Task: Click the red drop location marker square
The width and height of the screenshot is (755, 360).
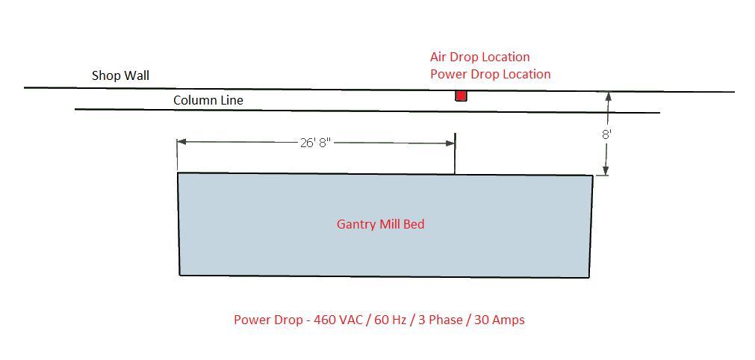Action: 461,96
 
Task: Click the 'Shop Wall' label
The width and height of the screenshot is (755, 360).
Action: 120,75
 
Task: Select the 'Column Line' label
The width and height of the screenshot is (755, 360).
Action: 208,100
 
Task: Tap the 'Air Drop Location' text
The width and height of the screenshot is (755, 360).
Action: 479,57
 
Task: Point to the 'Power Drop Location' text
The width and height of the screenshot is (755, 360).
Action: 490,74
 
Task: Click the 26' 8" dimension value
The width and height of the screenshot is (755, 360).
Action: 315,143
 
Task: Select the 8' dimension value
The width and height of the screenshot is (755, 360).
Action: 607,134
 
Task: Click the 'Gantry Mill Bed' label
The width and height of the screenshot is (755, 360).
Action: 380,224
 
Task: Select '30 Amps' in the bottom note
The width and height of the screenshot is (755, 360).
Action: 502,320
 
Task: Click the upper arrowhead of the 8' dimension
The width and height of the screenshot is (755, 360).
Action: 608,97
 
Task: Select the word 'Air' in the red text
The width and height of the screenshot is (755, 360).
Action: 439,57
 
